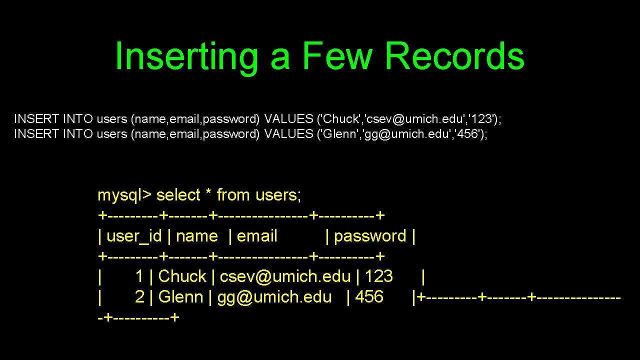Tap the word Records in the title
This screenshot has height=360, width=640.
[x=454, y=56]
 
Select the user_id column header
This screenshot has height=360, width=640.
[x=134, y=236]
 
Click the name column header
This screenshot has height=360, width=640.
[x=196, y=236]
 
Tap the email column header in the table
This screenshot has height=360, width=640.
[x=257, y=236]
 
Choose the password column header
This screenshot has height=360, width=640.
[x=370, y=236]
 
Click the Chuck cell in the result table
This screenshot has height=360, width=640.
[x=182, y=276]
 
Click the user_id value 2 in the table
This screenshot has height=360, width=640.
[x=140, y=297]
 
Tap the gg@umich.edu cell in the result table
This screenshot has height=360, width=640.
[x=274, y=297]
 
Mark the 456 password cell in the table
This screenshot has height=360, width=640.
[x=369, y=297]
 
